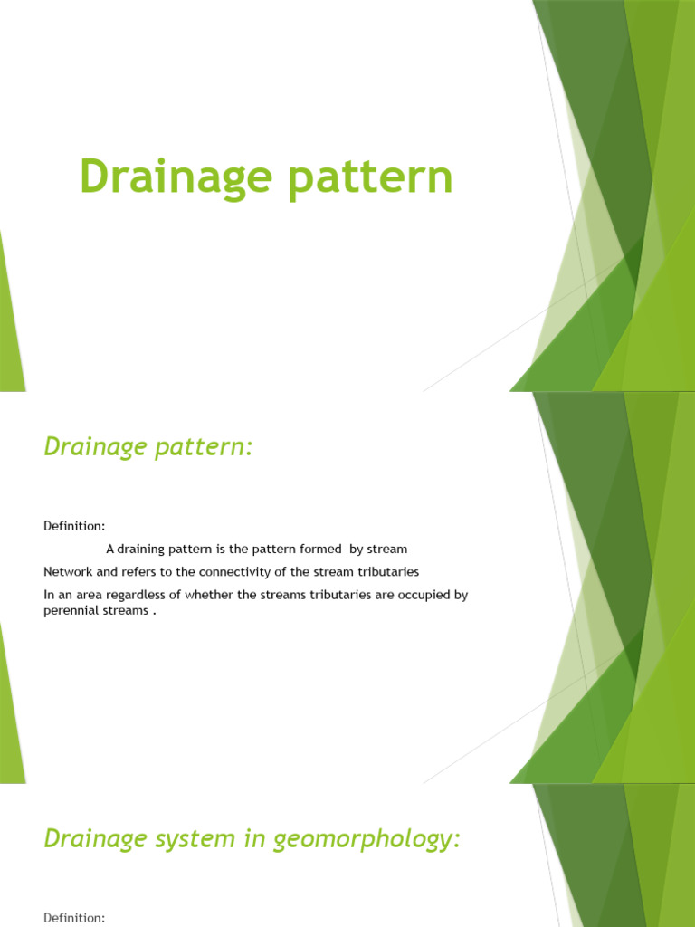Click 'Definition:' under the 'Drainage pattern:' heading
(x=74, y=525)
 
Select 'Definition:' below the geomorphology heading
(x=74, y=918)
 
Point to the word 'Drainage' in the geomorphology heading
(x=87, y=838)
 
